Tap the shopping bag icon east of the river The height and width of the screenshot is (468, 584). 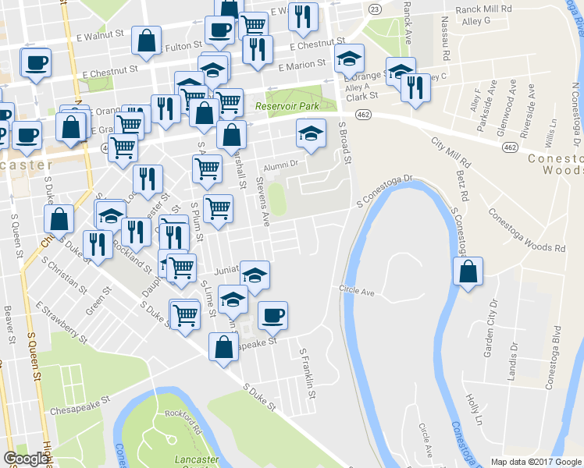click(x=468, y=273)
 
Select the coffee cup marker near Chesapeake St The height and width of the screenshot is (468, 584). click(x=272, y=316)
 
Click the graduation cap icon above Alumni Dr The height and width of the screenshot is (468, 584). click(x=311, y=133)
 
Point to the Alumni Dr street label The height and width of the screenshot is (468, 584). click(x=281, y=165)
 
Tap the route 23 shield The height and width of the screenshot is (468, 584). click(x=376, y=9)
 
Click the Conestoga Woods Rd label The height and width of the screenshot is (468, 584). click(x=526, y=229)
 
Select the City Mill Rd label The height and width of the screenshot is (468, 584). click(x=451, y=154)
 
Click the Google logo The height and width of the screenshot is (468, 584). click(x=26, y=459)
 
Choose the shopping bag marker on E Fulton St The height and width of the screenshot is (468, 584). click(x=147, y=41)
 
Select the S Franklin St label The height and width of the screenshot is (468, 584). click(x=308, y=373)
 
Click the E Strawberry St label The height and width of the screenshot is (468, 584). click(x=59, y=322)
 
